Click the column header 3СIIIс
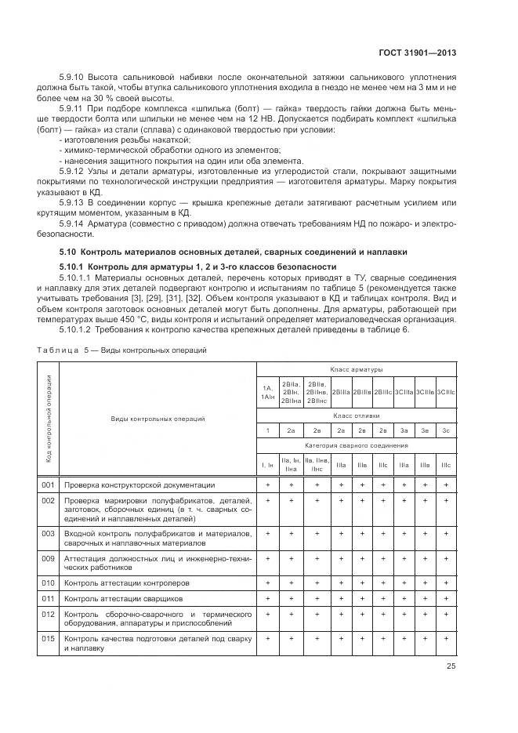click(445, 391)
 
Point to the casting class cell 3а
click(404, 430)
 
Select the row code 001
click(48, 485)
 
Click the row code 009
click(48, 559)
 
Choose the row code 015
click(48, 639)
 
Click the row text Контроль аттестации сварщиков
click(122, 598)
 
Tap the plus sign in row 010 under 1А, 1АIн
click(268, 582)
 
